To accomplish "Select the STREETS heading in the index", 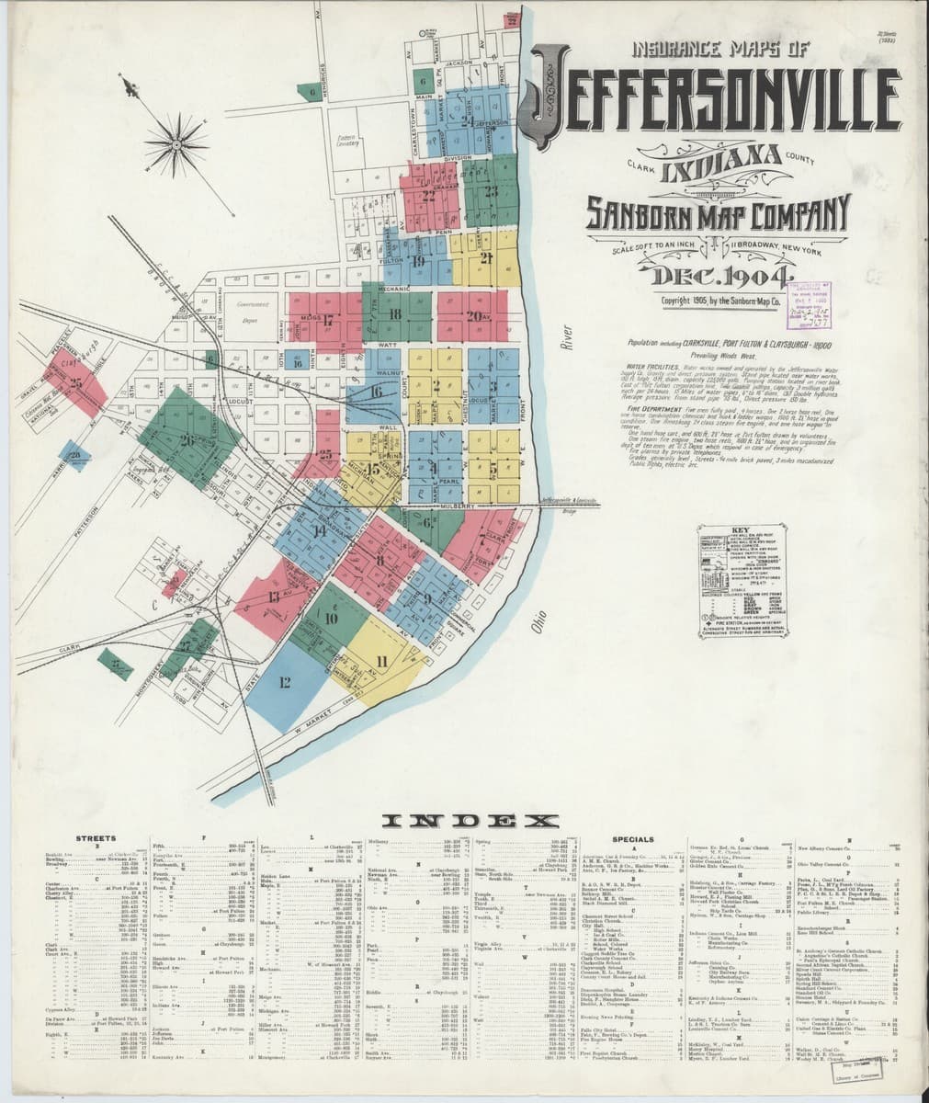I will click(x=95, y=839).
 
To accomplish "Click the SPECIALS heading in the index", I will click(x=633, y=839).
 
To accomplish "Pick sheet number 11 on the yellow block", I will click(x=380, y=661).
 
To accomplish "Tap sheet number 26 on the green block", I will click(x=187, y=440).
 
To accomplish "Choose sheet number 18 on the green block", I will click(x=396, y=315).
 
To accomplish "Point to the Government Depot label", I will click(x=247, y=312).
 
